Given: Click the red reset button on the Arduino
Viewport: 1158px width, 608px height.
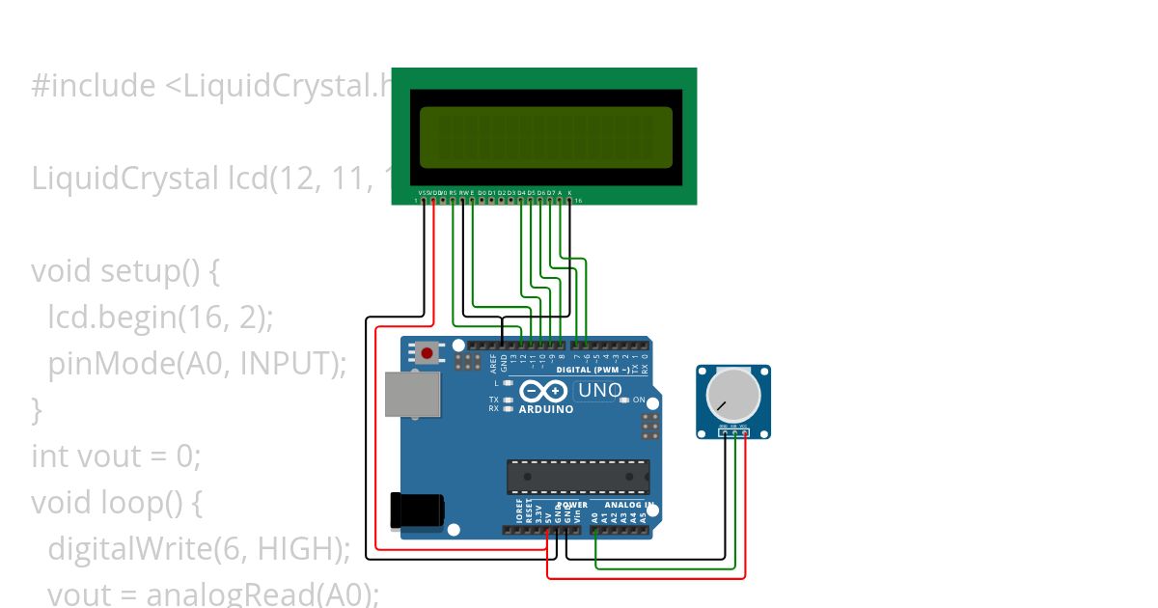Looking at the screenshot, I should pyautogui.click(x=427, y=352).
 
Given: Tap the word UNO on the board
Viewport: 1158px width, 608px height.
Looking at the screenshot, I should pyautogui.click(x=599, y=391).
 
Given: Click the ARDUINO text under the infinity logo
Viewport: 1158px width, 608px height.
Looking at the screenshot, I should pyautogui.click(x=546, y=409).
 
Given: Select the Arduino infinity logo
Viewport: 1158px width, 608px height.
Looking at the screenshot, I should pyautogui.click(x=544, y=391).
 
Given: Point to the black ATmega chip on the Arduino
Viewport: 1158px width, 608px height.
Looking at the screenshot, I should pyautogui.click(x=578, y=477).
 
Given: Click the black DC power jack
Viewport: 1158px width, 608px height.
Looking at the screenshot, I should pyautogui.click(x=416, y=511).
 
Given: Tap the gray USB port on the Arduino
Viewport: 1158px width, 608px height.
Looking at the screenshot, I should pyautogui.click(x=412, y=394).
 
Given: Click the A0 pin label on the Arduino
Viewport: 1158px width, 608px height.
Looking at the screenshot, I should pyautogui.click(x=594, y=517).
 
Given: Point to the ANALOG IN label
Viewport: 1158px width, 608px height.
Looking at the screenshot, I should pyautogui.click(x=629, y=505).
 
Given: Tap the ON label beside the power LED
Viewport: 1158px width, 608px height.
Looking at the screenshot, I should pyautogui.click(x=639, y=400).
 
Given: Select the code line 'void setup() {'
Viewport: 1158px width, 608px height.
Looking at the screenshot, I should pyautogui.click(x=125, y=271).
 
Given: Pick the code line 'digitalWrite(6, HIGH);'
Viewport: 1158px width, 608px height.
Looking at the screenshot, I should pyautogui.click(x=199, y=548).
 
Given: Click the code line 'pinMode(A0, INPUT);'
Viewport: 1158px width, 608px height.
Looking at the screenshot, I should pyautogui.click(x=197, y=364).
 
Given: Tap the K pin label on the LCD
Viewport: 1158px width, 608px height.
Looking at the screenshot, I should pyautogui.click(x=569, y=193).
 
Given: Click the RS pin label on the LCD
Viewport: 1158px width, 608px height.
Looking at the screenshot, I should pyautogui.click(x=453, y=193).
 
